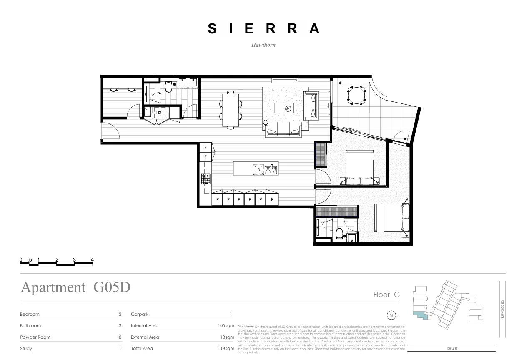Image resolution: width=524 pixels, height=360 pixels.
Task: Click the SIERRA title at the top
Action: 263,29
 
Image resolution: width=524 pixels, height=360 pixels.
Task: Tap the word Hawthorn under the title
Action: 263,45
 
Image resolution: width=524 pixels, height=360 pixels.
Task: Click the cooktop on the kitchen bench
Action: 206,179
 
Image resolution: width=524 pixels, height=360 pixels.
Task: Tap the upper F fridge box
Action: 205,148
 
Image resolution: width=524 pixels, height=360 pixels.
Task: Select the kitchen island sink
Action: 271,169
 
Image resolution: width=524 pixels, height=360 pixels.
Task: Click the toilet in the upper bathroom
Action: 168,87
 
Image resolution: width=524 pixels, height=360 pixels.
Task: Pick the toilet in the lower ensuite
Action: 339,234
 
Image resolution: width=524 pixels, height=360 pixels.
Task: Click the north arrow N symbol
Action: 391,315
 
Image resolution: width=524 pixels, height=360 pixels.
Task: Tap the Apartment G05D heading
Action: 75,287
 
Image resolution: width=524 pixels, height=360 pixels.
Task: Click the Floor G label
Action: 386,295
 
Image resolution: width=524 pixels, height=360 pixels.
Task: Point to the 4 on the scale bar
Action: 92,260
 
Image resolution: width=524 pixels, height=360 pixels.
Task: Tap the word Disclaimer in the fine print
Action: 246,326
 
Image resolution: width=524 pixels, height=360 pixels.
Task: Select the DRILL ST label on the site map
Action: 451,348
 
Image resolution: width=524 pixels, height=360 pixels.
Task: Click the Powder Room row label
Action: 35,337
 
